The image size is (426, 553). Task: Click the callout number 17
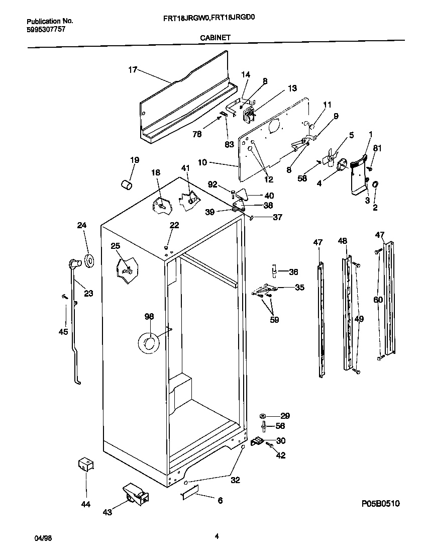pos(132,70)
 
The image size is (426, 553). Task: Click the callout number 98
pos(149,316)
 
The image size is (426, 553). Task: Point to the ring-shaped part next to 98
pos(148,343)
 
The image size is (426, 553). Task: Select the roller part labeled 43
pos(134,495)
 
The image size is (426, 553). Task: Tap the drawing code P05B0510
pos(380,503)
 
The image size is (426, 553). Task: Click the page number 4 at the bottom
pos(217,536)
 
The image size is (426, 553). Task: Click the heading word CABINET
pos(216,37)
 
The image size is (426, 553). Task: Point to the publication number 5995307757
pos(45,29)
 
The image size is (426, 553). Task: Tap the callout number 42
pos(281,455)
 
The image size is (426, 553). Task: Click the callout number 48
pos(342,241)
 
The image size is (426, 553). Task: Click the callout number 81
pos(377,148)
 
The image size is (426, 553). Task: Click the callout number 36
pos(293,271)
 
